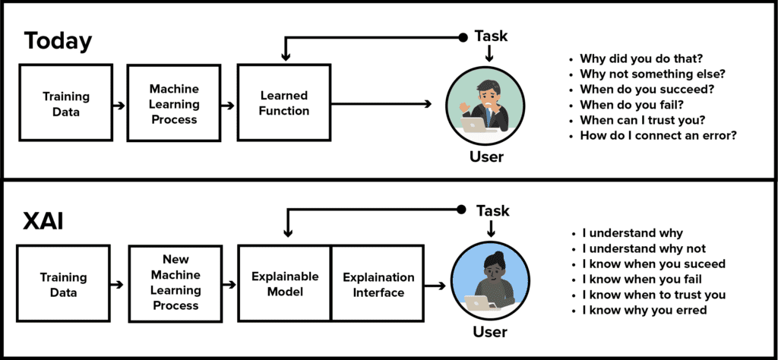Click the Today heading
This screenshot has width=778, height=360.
coord(58,41)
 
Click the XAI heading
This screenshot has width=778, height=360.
coord(43,222)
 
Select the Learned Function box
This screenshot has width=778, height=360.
coord(284,103)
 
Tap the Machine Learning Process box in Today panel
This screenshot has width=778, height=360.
coord(174,103)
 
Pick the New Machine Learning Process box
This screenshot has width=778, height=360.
coord(176,283)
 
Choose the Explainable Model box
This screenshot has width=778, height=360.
coord(285,283)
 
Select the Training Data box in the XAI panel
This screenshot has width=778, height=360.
coord(64,283)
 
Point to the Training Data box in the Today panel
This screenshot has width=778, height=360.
coord(66,103)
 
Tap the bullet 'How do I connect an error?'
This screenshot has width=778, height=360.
coord(653,135)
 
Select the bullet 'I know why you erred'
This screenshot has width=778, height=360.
coord(639,311)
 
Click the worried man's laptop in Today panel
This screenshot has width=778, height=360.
coord(474,124)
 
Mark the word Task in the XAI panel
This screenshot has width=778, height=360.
coord(492,210)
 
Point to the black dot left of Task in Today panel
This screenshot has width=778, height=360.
coord(463,36)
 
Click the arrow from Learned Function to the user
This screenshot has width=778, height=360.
coord(381,103)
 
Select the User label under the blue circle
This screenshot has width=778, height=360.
coord(489,330)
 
